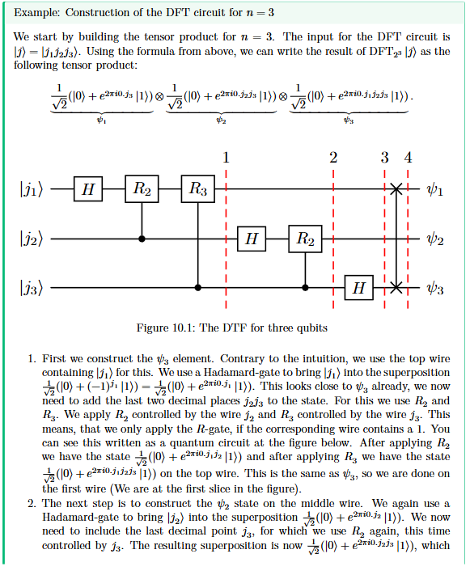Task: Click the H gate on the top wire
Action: click(88, 189)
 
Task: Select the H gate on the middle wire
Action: click(252, 239)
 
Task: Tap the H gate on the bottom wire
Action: click(359, 288)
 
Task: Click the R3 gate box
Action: click(197, 189)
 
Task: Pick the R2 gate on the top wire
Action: click(142, 189)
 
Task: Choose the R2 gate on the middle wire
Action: click(305, 239)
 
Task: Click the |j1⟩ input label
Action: click(32, 190)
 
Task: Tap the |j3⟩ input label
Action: click(32, 289)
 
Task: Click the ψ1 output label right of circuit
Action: click(434, 190)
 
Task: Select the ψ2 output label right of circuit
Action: click(434, 240)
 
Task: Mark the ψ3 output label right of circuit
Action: click(434, 289)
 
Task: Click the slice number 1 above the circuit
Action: click(226, 158)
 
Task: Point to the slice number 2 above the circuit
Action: click(333, 158)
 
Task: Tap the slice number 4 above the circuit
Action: click(408, 158)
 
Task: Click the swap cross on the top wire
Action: click(396, 189)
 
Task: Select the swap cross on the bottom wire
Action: click(396, 288)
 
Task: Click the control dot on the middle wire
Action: click(142, 239)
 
